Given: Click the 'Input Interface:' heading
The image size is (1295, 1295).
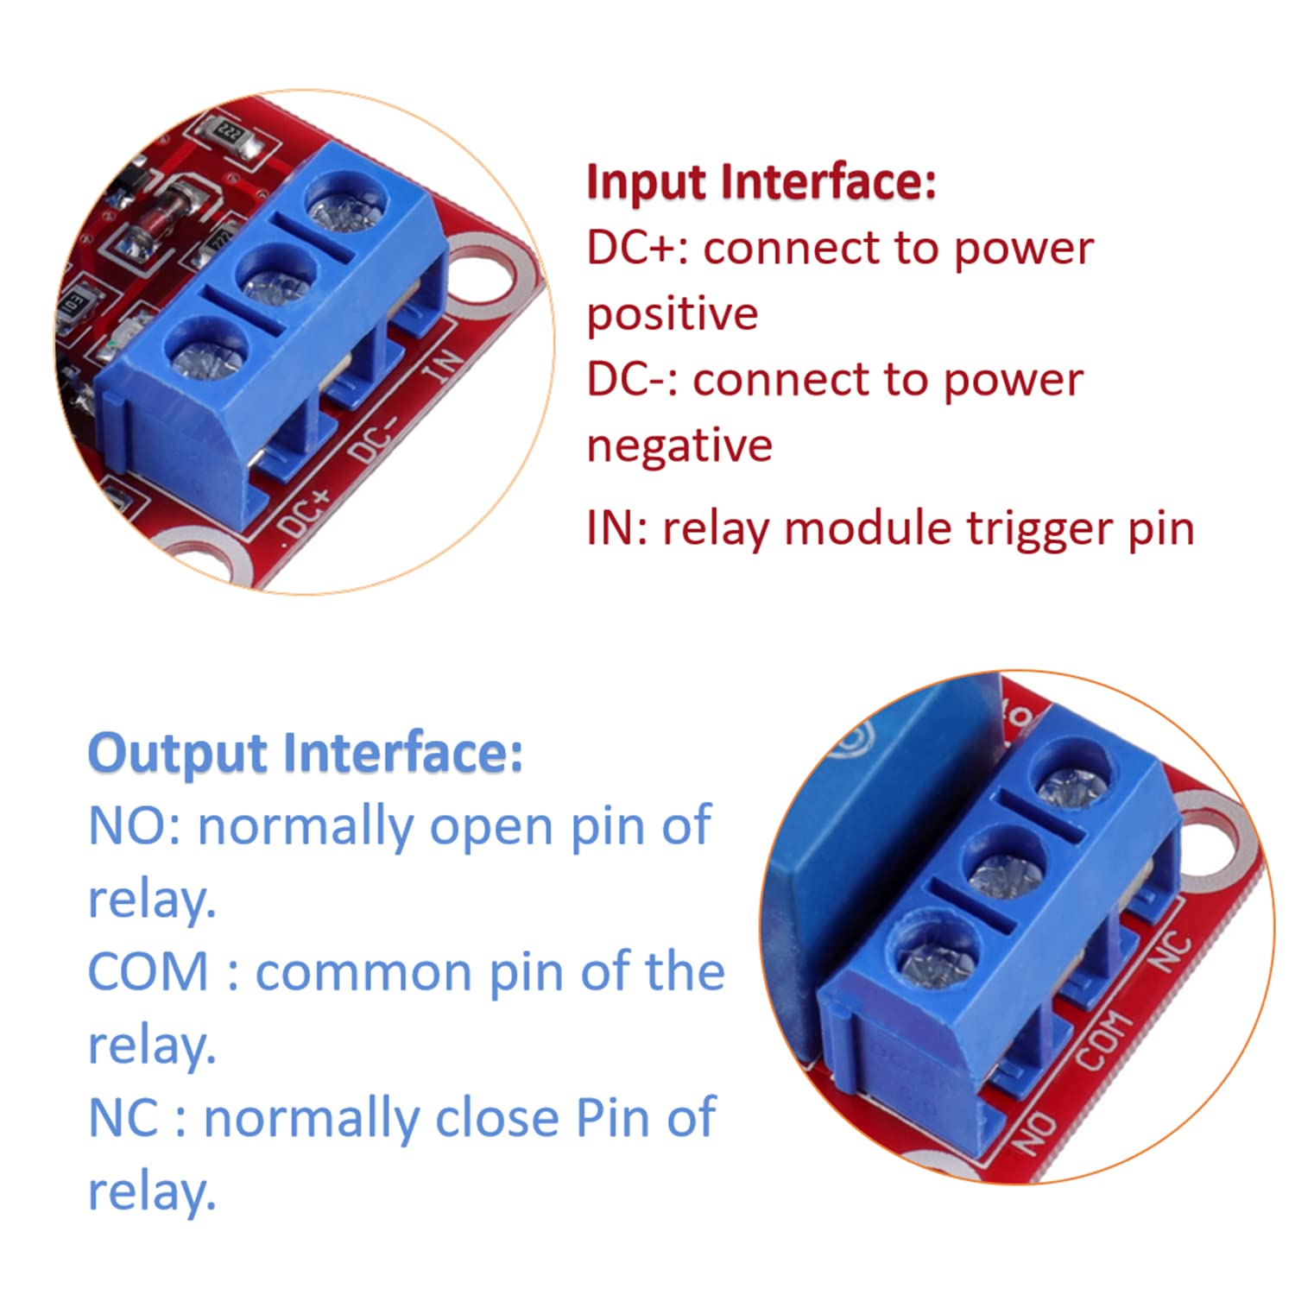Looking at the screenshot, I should (x=760, y=182).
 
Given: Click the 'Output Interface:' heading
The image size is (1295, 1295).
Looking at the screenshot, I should (x=305, y=753).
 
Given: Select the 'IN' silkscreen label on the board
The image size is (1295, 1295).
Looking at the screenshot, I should (x=443, y=366).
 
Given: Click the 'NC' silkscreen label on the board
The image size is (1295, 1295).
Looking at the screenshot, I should (x=1172, y=952).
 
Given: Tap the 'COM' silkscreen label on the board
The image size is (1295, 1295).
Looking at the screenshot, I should (x=1104, y=1040).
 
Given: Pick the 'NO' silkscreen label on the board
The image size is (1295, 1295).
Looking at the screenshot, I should (x=1034, y=1134).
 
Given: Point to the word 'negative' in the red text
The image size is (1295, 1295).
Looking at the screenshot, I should (x=679, y=446).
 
